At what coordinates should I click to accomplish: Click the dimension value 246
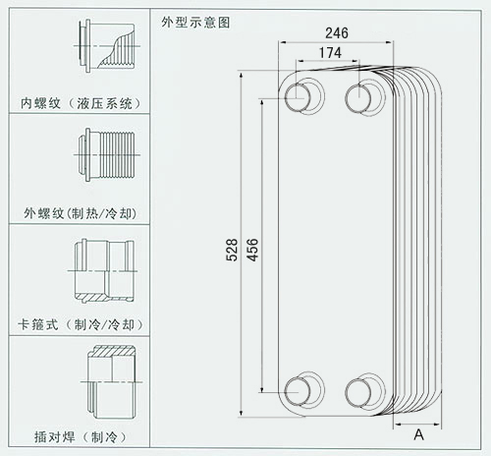[x=337, y=33]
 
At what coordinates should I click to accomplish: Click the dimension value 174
[x=330, y=53]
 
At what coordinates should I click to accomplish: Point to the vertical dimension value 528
[x=232, y=250]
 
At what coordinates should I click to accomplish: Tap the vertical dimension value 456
[x=252, y=250]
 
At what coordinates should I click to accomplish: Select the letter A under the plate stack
[x=418, y=435]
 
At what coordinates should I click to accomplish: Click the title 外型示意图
[x=195, y=23]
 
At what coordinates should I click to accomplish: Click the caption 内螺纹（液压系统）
[x=81, y=103]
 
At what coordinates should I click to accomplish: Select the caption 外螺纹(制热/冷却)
[x=81, y=213]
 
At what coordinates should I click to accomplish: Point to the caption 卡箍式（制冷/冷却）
[x=81, y=324]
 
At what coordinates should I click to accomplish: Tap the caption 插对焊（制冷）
[x=81, y=437]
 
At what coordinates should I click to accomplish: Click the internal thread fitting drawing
[x=107, y=46]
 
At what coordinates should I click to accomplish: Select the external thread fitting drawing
[x=107, y=155]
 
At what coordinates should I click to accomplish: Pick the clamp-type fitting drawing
[x=103, y=271]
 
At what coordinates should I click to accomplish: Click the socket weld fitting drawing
[x=112, y=382]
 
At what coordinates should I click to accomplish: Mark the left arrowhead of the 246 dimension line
[x=282, y=42]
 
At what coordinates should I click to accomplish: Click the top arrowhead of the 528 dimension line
[x=242, y=76]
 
